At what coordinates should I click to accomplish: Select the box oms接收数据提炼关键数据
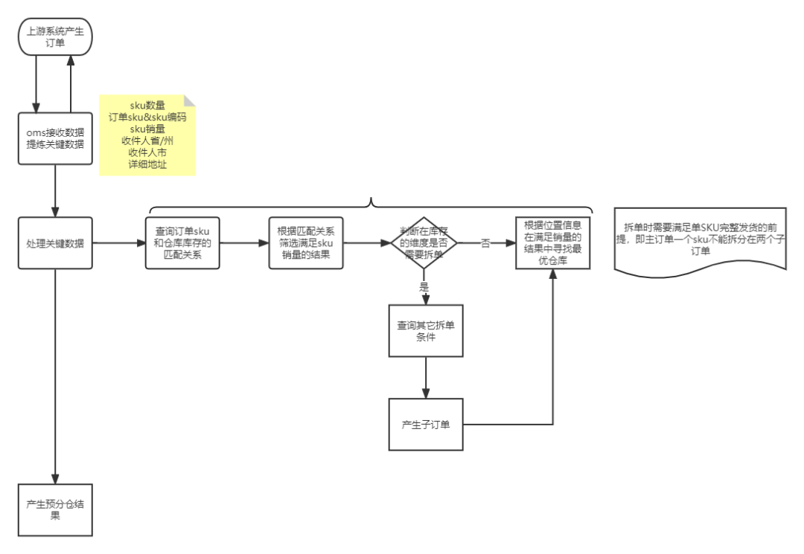[55, 138]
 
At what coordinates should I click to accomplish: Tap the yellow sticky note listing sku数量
[147, 135]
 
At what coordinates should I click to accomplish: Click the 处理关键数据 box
[55, 243]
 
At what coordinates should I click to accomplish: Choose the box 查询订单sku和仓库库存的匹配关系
[182, 243]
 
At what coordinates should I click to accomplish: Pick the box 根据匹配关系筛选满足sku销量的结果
[306, 243]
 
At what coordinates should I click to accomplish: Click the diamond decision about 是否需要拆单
[424, 243]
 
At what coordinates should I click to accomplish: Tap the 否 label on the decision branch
[485, 243]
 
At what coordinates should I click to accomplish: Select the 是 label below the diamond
[424, 286]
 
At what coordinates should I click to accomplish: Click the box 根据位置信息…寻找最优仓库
[553, 242]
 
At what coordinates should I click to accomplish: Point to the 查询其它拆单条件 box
[426, 331]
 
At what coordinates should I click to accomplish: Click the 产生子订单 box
[426, 425]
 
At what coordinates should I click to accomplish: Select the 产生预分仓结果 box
[55, 509]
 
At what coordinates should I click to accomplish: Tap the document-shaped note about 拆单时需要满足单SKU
[700, 239]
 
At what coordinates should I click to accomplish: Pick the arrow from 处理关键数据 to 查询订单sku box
[119, 243]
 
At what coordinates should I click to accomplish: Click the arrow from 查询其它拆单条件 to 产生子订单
[426, 378]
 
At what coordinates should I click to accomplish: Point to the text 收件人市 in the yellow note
[147, 152]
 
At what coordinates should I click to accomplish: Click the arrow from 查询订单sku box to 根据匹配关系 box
[244, 243]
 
